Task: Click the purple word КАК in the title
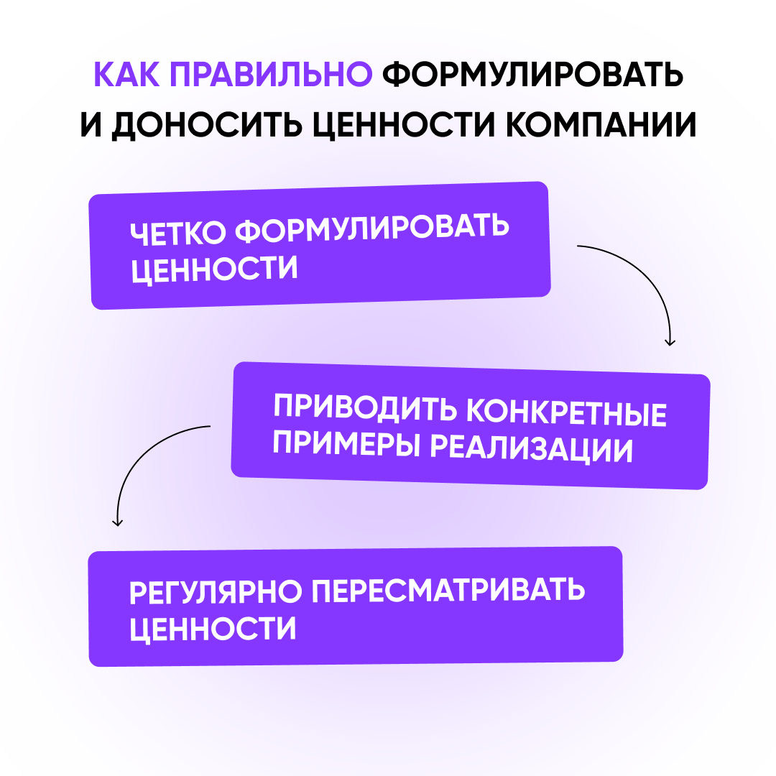129,76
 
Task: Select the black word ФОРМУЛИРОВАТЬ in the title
532,76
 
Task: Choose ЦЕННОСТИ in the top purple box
215,269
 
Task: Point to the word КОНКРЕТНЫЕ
567,413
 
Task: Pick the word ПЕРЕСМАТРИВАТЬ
449,591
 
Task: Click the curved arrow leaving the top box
647,280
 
